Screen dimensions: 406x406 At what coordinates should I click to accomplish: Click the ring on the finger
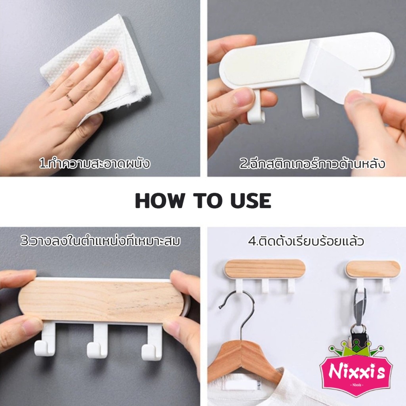point(70,99)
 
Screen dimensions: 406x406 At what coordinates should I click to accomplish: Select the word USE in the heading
point(251,201)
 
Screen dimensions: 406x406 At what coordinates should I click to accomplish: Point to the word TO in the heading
point(207,201)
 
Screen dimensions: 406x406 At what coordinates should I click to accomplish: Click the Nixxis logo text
point(356,371)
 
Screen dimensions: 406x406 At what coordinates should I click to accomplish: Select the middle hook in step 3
point(98,341)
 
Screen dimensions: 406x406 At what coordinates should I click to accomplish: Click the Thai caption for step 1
point(95,164)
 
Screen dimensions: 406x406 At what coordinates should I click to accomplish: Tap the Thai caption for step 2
point(312,164)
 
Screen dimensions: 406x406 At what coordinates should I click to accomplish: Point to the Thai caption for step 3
point(100,241)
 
